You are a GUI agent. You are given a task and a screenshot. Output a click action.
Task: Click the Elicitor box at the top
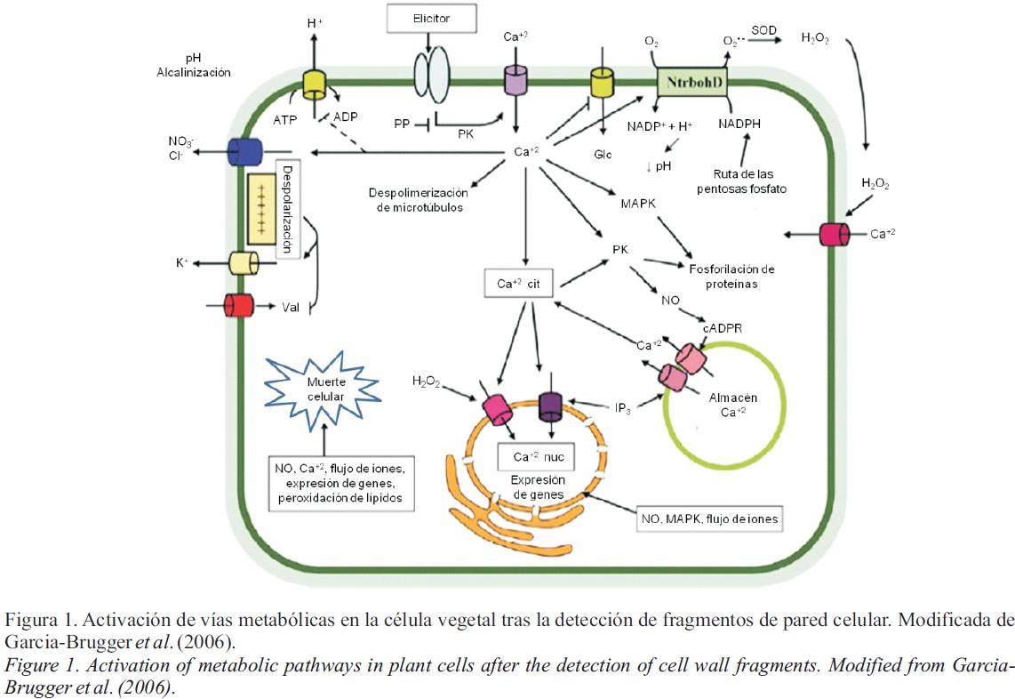pos(432,16)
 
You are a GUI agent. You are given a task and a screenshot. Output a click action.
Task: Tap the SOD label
pos(763,31)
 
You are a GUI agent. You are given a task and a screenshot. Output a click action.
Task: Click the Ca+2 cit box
pos(519,283)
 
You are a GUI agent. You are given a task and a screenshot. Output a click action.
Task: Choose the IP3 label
pos(623,407)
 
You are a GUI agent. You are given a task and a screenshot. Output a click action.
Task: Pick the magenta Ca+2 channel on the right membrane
pos(834,235)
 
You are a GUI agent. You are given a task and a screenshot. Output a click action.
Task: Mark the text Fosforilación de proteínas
pos(732,276)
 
